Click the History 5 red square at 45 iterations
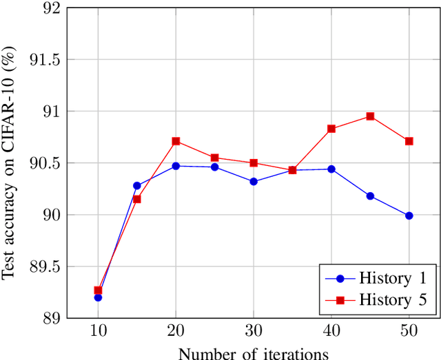click(x=370, y=116)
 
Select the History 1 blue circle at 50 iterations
click(x=409, y=215)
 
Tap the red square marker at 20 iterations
click(x=176, y=141)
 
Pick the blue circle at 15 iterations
click(x=137, y=185)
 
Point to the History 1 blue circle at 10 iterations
click(x=98, y=297)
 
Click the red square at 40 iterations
click(x=331, y=129)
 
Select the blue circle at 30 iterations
click(x=254, y=182)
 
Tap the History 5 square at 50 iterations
click(x=409, y=141)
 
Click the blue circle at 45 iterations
click(x=370, y=196)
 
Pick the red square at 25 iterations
click(x=214, y=158)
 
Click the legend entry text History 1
click(x=393, y=279)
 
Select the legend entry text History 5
click(x=393, y=299)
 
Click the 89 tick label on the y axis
click(x=52, y=318)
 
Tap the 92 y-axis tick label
click(x=52, y=8)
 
